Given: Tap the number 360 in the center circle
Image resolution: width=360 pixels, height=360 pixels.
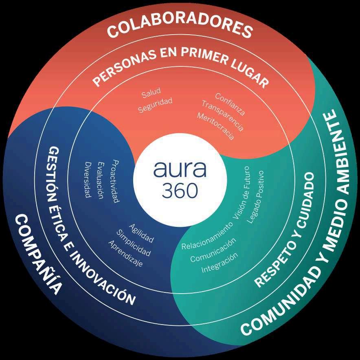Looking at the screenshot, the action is pos(180,191).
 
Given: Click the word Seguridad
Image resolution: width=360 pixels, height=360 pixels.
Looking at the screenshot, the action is pos(155,105).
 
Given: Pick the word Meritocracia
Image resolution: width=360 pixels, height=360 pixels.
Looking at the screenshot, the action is pos(215,127).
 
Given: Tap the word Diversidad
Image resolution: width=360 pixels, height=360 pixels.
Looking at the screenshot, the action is pos(87,180).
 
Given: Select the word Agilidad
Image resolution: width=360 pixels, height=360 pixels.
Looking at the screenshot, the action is pos(141,233).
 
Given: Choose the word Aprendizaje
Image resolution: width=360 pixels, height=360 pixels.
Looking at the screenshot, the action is pos(125,254).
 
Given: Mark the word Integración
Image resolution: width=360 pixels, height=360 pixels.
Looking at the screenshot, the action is pos(219,263).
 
